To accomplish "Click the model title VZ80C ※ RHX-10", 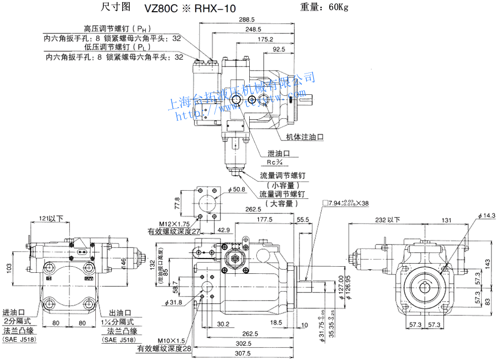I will tap(183, 8).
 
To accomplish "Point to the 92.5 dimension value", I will tap(279, 49).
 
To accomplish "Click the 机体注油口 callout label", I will tap(304, 137).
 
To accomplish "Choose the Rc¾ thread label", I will tap(278, 163).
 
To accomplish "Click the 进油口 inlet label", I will tap(14, 312).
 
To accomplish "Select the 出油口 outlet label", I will tap(120, 312).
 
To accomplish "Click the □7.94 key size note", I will tap(350, 203).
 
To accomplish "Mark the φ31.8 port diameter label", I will tap(173, 303).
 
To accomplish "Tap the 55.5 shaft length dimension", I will tap(303, 220).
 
